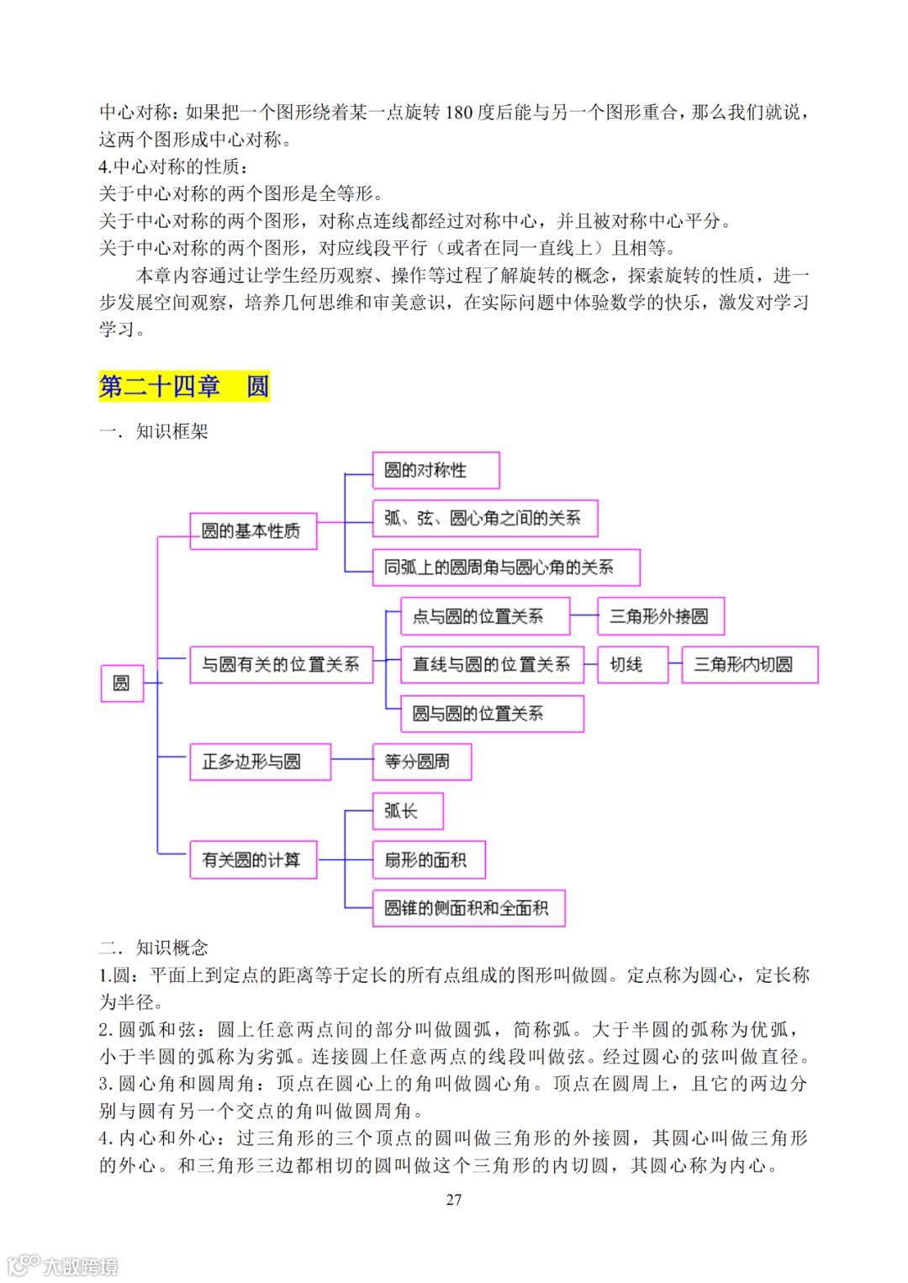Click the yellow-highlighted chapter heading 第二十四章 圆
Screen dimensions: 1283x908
click(x=184, y=386)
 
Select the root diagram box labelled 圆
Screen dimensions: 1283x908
click(x=122, y=683)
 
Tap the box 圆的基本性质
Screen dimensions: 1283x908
click(x=253, y=531)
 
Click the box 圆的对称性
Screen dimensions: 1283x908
click(x=436, y=470)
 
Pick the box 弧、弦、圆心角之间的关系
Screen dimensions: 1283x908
click(x=484, y=519)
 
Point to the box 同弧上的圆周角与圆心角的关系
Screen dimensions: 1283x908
click(x=505, y=568)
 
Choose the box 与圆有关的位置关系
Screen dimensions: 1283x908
click(x=281, y=664)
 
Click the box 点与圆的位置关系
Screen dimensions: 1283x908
click(x=485, y=616)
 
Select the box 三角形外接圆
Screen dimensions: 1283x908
click(x=660, y=616)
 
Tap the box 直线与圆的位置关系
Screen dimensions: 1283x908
click(x=492, y=664)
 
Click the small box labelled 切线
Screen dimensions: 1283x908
click(x=633, y=664)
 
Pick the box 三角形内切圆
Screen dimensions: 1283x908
click(x=749, y=664)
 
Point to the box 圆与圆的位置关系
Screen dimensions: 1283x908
click(x=492, y=714)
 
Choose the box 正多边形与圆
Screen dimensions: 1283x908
click(x=260, y=762)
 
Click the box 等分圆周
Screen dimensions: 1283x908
click(x=421, y=762)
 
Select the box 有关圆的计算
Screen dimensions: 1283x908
click(x=253, y=860)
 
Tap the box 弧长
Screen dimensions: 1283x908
click(x=407, y=810)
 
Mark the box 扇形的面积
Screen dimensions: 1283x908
click(x=429, y=860)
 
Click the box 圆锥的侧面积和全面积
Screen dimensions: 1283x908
click(x=467, y=908)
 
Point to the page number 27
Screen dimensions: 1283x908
click(x=454, y=1200)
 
